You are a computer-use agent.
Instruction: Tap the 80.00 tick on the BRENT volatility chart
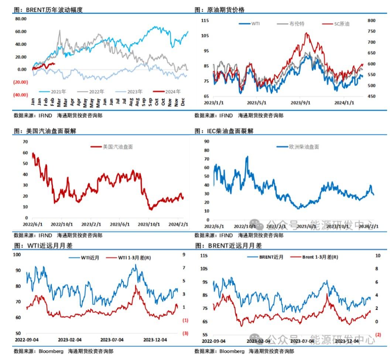tap(20, 19)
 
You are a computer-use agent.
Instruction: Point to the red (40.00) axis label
tap(21, 95)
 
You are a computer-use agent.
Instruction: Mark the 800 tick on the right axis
tap(372, 21)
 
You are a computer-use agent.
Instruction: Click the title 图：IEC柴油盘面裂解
tap(224, 131)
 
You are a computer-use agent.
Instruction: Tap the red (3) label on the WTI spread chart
tap(185, 333)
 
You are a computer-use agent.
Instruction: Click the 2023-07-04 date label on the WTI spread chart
tap(112, 339)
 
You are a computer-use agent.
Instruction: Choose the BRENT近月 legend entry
tap(271, 257)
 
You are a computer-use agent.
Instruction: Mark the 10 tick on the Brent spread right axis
tap(377, 255)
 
